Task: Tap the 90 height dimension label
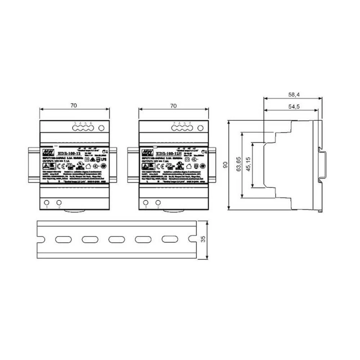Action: click(x=225, y=165)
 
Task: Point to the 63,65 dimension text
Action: click(x=238, y=165)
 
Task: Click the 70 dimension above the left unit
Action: click(x=73, y=105)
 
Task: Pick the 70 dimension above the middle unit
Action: click(x=173, y=105)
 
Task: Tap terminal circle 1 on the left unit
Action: click(x=46, y=202)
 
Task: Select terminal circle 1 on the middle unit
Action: click(x=146, y=202)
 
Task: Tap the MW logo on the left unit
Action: click(x=46, y=150)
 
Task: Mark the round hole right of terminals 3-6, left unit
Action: click(x=102, y=128)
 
